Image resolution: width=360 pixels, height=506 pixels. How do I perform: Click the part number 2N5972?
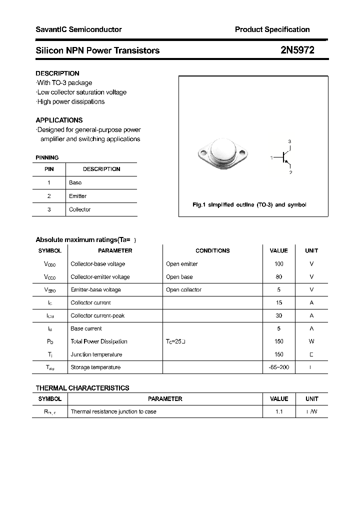point(297,50)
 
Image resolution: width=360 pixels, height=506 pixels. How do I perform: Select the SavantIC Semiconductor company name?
point(78,29)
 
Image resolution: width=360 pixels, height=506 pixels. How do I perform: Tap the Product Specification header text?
point(272,29)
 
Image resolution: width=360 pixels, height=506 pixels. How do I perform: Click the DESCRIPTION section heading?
point(57,73)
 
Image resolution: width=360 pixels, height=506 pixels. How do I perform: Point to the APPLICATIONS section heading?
point(59,120)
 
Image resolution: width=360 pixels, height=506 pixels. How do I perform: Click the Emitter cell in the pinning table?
point(77,196)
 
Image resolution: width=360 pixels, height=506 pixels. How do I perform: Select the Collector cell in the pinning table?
point(79,209)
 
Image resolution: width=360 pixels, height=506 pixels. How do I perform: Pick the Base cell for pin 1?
point(75,182)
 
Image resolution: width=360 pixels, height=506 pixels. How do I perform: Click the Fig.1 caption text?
point(249,205)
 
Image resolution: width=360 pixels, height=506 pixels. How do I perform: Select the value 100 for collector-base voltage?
point(278,264)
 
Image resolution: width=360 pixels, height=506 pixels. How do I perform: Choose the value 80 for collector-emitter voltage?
point(278,277)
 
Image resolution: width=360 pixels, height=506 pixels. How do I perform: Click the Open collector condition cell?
point(183,290)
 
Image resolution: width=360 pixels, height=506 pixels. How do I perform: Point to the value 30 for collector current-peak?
point(278,315)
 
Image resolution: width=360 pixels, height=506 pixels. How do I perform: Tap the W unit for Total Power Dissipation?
point(311,341)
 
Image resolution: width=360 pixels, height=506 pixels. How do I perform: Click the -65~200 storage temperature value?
point(278,367)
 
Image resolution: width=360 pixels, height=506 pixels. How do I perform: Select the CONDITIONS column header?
point(212,250)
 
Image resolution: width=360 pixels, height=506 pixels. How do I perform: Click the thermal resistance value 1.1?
point(278,411)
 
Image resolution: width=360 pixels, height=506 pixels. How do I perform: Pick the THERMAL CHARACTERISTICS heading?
point(82,388)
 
